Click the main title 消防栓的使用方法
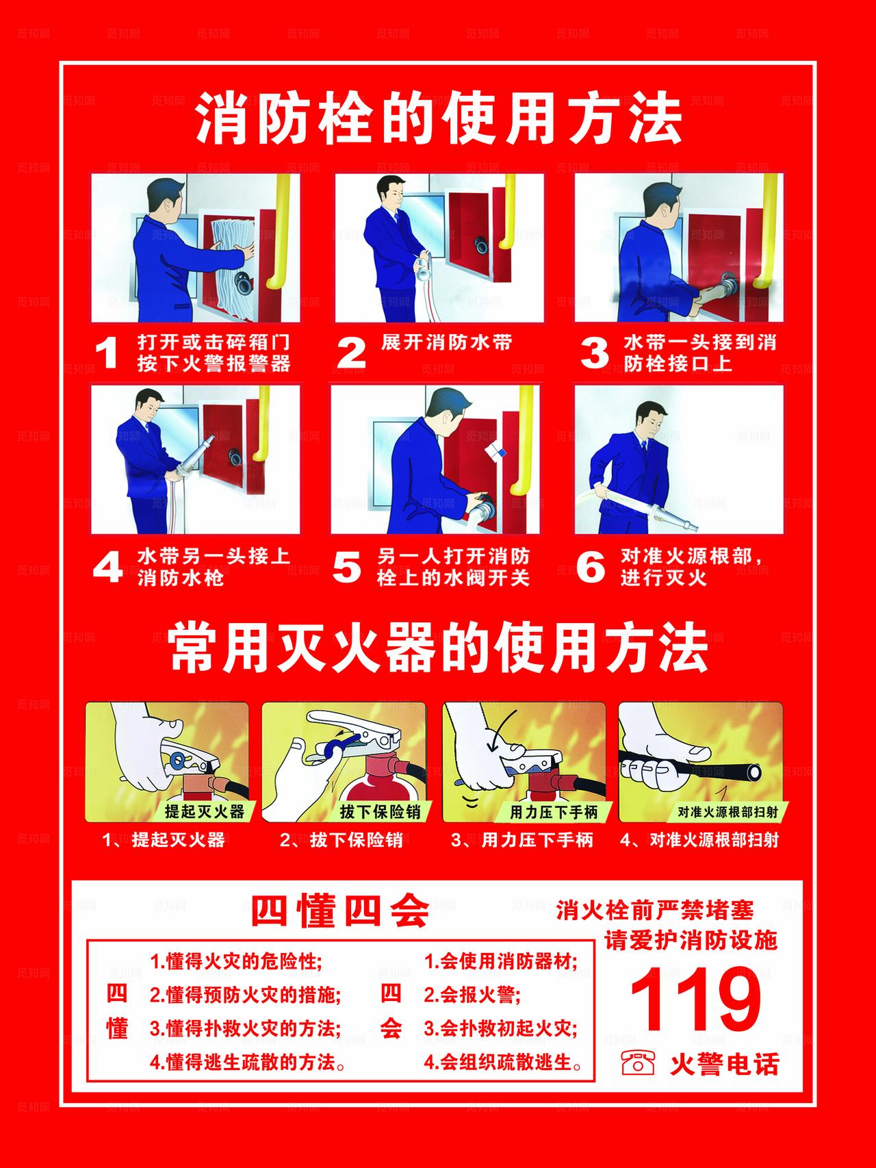438,119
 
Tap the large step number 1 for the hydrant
107,353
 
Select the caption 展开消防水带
446,342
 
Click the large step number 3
594,353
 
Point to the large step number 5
346,567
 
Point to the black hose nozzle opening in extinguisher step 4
755,773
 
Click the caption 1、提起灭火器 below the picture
164,840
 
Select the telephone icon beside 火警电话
637,1063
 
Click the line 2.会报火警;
472,994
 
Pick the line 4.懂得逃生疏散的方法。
247,1063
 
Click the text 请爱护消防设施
691,941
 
